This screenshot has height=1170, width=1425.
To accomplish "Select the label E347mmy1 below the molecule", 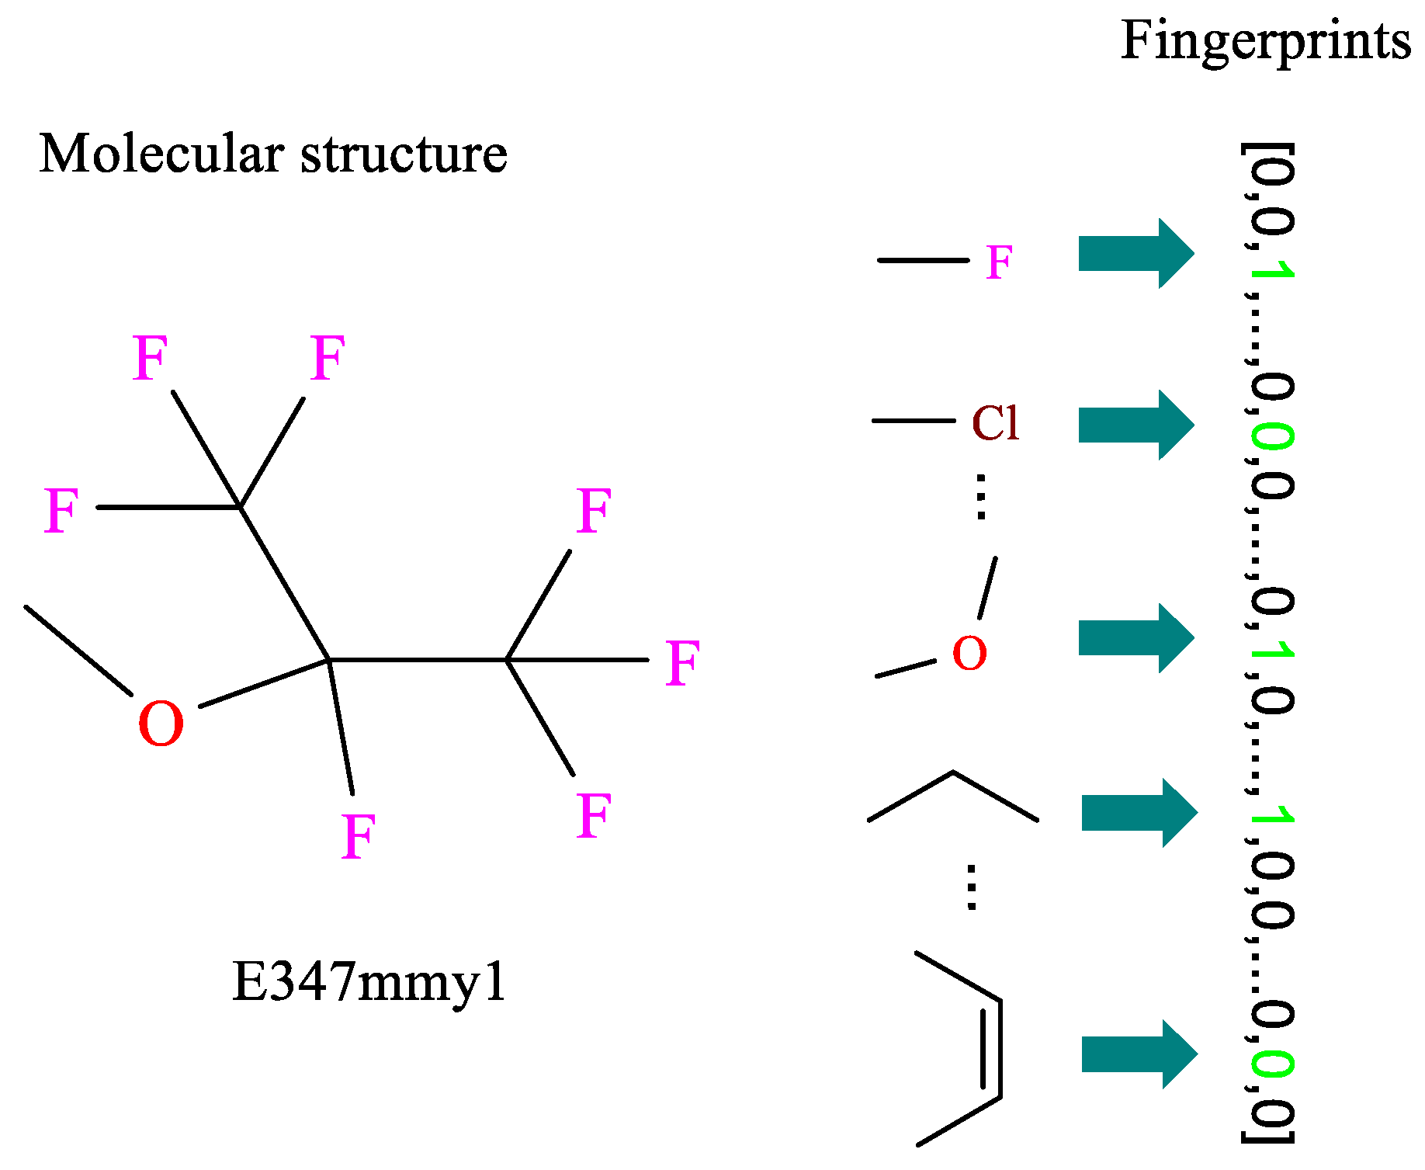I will pos(369,982).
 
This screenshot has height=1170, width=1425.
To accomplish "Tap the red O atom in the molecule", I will pos(161,724).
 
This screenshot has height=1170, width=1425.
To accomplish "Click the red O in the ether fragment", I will pos(969,653).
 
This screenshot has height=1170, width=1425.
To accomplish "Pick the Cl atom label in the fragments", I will pos(995,423).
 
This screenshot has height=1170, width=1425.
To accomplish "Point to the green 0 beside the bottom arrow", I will pos(1273,1064).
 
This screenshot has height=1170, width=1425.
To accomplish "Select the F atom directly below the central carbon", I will pos(359,836).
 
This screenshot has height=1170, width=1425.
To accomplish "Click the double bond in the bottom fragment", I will pos(991,1048).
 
